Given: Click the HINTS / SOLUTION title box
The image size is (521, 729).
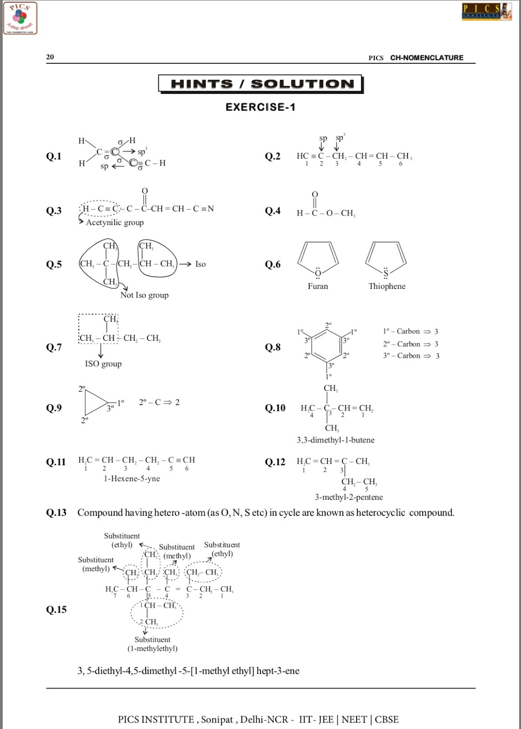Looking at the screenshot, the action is click(260, 84).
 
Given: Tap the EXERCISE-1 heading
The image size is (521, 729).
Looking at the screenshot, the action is click(260, 107).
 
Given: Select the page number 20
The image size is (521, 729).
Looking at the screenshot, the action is click(50, 57).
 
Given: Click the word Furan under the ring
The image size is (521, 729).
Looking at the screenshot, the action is click(317, 286).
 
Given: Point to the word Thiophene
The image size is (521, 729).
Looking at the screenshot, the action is click(387, 286).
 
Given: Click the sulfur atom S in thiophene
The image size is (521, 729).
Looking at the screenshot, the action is click(386, 273).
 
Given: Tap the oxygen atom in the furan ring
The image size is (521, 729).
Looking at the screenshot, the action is click(318, 273).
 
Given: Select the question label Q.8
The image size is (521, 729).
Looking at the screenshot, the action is click(273, 347).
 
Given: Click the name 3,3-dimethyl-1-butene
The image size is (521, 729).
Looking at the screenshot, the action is click(336, 440).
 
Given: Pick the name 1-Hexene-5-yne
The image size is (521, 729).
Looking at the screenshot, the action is click(132, 478).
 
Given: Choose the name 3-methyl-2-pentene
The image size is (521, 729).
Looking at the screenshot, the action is click(349, 497).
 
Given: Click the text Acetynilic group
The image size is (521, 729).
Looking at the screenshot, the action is click(115, 222).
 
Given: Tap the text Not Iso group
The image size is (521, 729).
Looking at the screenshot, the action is click(144, 295).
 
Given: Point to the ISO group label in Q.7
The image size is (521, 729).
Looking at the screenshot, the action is click(103, 364).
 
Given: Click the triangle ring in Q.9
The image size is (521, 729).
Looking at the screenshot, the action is click(97, 403).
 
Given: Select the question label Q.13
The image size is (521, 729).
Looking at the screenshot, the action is click(56, 513).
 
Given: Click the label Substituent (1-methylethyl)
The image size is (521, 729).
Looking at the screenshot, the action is click(152, 644).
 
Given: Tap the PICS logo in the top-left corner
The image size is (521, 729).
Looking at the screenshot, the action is click(20, 18).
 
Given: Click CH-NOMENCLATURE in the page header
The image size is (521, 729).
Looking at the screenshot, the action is click(427, 58).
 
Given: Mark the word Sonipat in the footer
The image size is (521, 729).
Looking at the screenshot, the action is click(217, 719).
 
